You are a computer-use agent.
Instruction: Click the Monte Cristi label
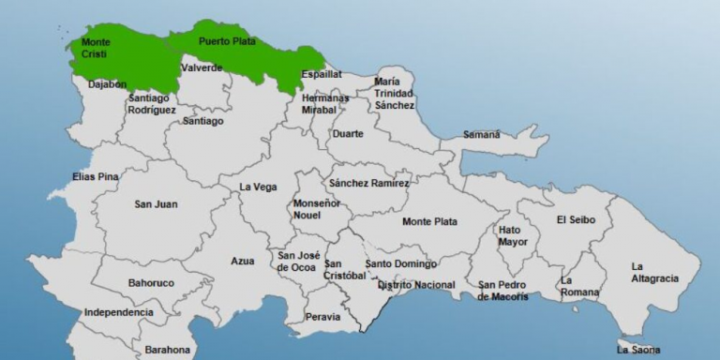point(95,48)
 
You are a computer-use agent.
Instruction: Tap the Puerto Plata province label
point(227,41)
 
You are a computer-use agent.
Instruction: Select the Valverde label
point(202,67)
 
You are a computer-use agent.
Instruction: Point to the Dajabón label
point(107,84)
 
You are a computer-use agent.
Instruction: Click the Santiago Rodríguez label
point(152,103)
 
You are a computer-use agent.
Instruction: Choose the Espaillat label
point(322,74)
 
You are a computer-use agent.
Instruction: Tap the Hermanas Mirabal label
point(325,103)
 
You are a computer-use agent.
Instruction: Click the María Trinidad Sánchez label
point(394,94)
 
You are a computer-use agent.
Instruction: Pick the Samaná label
point(481,134)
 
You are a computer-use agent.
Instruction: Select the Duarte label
point(348,133)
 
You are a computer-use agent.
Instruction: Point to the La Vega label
point(258,187)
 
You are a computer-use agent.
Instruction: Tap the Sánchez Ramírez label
point(368,183)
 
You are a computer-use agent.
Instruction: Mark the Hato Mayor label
point(513,235)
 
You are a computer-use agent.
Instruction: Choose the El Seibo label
point(576,220)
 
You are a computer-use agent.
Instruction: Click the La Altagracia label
point(649,272)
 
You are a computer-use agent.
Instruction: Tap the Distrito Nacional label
point(416,285)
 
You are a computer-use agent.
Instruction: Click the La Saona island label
point(637,350)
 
